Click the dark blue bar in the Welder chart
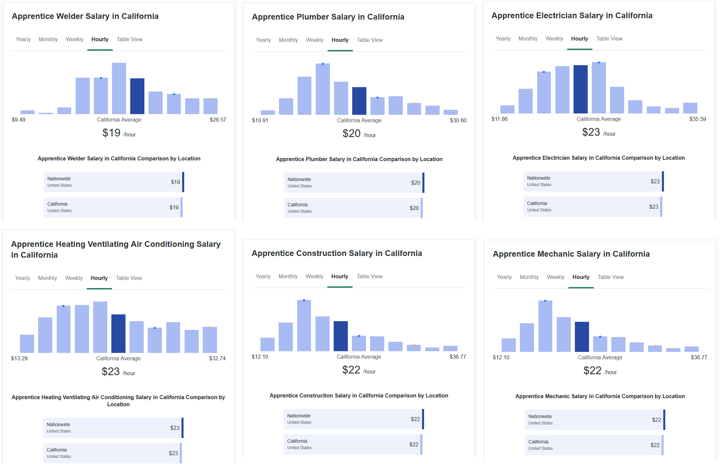[x=137, y=96]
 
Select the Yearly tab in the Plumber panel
[x=263, y=40]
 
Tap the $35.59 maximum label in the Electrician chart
[x=697, y=119]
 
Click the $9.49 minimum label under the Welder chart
[x=19, y=120]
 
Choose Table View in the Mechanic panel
[x=610, y=277]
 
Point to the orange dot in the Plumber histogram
[x=414, y=103]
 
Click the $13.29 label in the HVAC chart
[x=19, y=358]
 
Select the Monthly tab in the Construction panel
[x=288, y=277]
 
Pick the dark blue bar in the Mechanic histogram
[x=582, y=337]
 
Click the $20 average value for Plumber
[x=352, y=134]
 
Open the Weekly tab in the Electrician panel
[x=554, y=39]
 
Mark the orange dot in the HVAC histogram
[x=210, y=327]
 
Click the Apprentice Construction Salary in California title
[x=337, y=253]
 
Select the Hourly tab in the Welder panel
[x=100, y=40]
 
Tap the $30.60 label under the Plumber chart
[x=458, y=120]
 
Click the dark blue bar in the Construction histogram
[x=340, y=336]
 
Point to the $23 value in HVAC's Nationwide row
[x=174, y=428]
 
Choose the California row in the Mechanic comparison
[x=594, y=445]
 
